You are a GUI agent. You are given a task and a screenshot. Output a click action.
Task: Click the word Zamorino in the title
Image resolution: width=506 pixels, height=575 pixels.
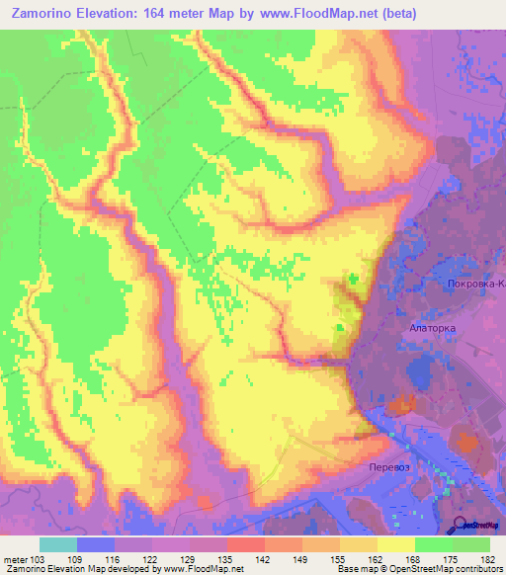(x=47, y=14)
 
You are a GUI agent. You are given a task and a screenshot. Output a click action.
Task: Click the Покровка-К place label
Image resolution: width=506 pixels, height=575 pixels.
(x=472, y=285)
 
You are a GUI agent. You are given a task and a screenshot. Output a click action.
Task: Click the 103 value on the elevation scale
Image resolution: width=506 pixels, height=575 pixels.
(x=39, y=558)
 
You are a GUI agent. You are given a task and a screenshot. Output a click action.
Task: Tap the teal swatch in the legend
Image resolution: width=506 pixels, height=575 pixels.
(x=57, y=544)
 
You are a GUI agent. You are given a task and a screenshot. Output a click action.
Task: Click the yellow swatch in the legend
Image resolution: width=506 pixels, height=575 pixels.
(x=395, y=544)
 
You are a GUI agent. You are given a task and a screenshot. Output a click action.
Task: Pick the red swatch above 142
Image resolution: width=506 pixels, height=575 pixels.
(x=245, y=544)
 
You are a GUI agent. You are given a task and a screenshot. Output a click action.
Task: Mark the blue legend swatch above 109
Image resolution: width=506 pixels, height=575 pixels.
(x=95, y=544)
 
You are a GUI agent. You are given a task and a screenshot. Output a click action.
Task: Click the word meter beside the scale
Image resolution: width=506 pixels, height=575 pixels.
(x=15, y=558)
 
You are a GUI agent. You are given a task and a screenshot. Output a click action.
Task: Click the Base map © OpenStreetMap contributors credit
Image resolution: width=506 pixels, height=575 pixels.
(x=421, y=569)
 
